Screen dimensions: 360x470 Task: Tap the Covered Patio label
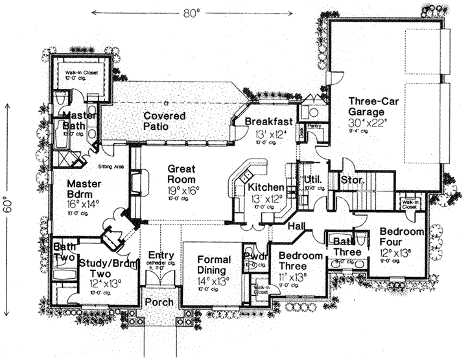pyautogui.click(x=164, y=121)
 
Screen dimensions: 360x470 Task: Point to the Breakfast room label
pyautogui.click(x=269, y=121)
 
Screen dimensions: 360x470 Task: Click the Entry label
pyautogui.click(x=161, y=255)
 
